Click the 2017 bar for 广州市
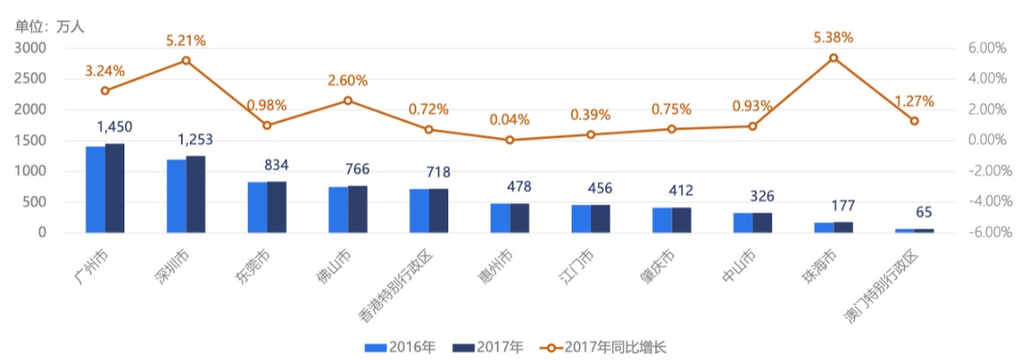(x=115, y=188)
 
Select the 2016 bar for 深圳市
(x=176, y=196)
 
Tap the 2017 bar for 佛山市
(x=358, y=209)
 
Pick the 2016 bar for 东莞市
(x=258, y=207)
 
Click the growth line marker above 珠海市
(x=833, y=58)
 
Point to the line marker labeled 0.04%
(x=509, y=139)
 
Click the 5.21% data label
(x=185, y=41)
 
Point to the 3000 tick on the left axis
(x=30, y=48)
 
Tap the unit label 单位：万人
(x=49, y=26)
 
